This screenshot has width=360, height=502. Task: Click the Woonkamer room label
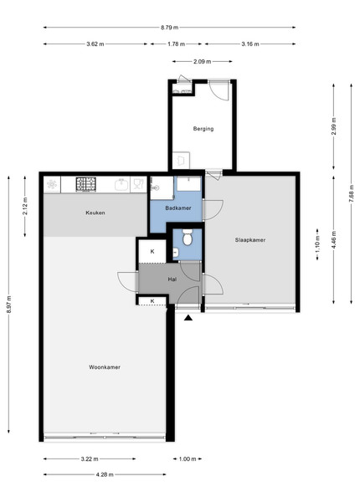point(105,367)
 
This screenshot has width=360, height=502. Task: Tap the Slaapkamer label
point(250,240)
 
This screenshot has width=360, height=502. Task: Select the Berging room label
point(203,129)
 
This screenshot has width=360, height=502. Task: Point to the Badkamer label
point(178,208)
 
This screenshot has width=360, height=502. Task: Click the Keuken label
point(95,213)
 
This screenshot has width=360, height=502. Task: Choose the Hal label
point(172,279)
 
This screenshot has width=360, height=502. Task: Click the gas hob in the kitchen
point(86,184)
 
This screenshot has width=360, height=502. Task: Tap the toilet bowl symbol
point(187,238)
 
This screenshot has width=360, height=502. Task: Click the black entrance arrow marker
point(188,318)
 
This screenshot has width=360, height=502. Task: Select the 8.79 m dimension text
point(169,28)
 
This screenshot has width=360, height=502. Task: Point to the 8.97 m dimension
point(8,305)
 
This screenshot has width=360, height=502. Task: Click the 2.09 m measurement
point(202,61)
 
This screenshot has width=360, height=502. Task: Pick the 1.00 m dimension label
point(188,459)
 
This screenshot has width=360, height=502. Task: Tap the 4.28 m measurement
point(105,474)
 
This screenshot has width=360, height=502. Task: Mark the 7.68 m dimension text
point(352,193)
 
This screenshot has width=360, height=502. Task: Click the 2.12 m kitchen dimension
point(25,207)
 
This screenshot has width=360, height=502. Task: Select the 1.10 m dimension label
point(317,244)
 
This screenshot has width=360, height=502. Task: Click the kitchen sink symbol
point(121,184)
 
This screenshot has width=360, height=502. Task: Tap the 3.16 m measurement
point(250,44)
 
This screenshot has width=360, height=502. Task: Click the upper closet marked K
point(152,251)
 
